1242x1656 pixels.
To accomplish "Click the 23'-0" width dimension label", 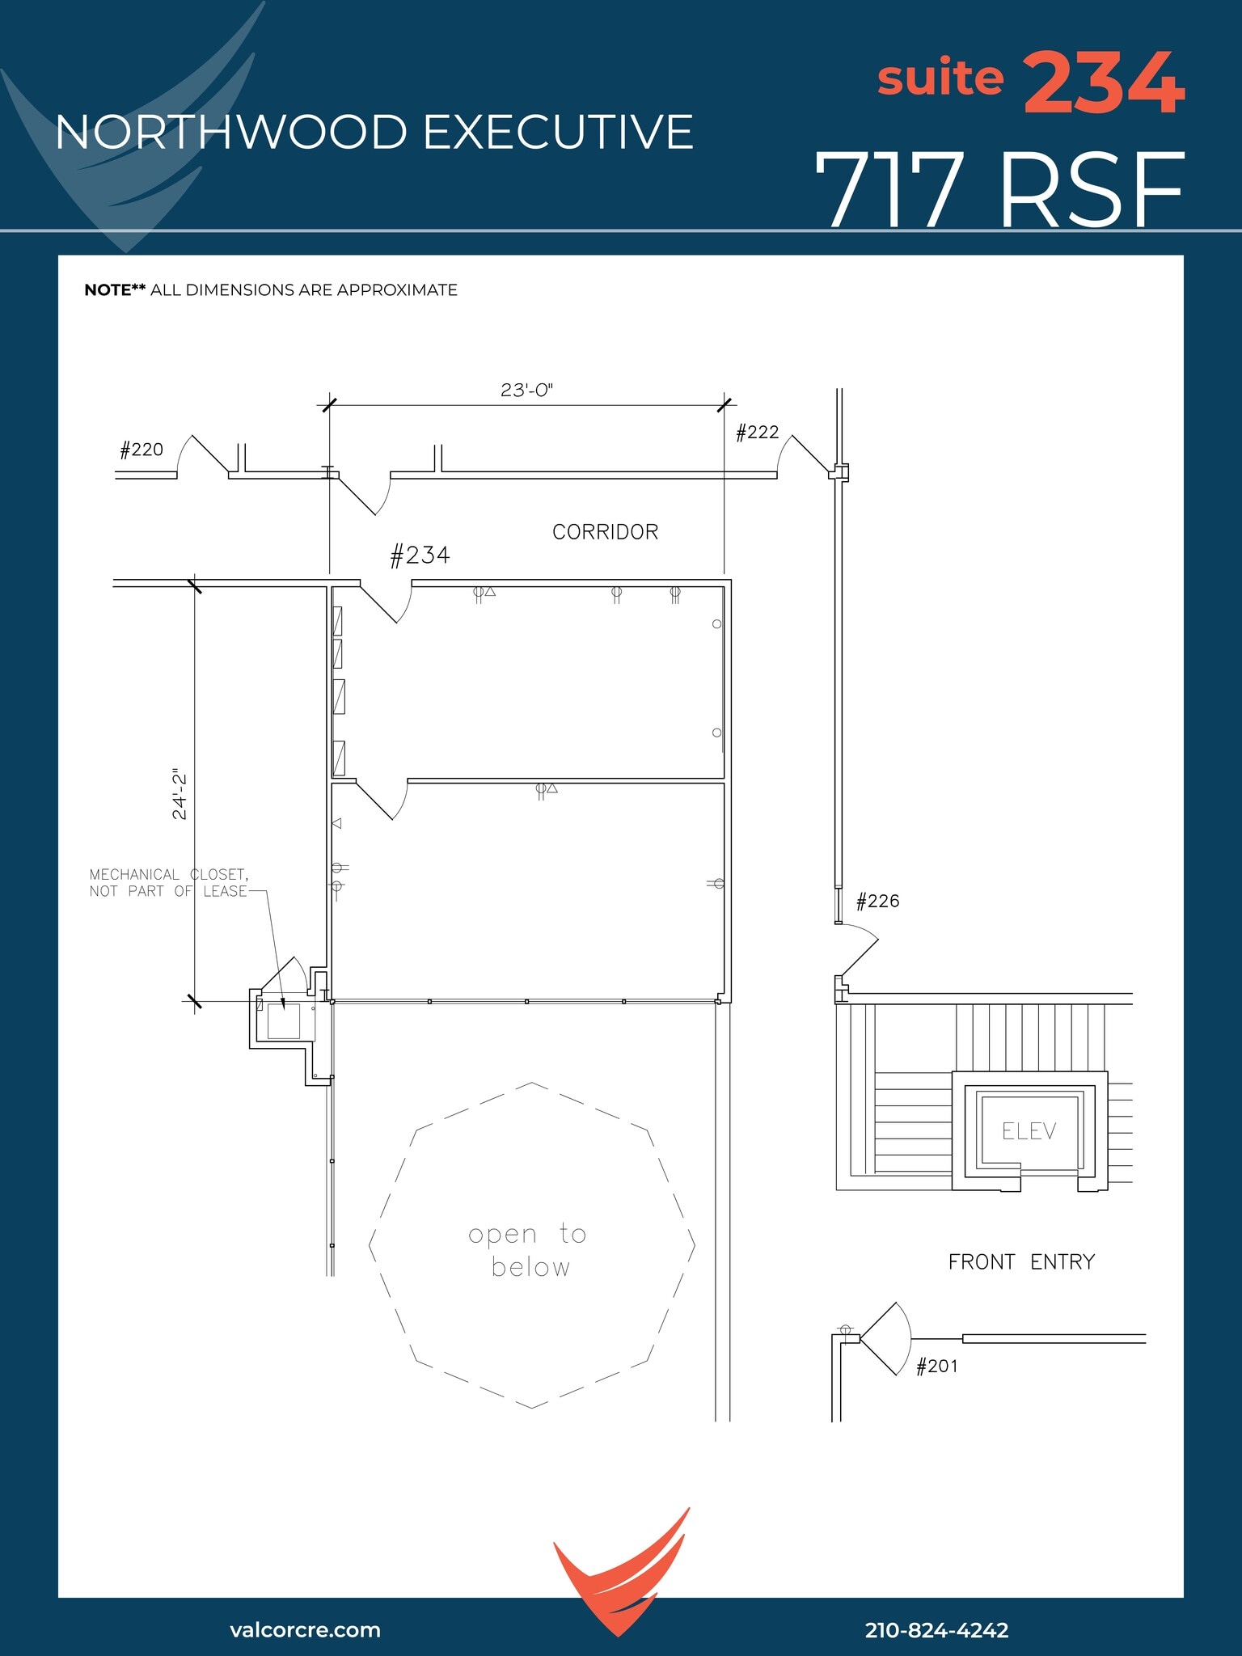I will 526,390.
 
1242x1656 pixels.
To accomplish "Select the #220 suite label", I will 142,450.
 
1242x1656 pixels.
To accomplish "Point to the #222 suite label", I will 757,433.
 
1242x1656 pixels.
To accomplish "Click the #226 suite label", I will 877,901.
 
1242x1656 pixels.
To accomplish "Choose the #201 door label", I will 936,1367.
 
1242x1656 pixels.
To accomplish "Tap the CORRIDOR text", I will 605,532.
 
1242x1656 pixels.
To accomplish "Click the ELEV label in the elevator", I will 1029,1131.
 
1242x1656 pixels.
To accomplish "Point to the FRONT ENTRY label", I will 1021,1262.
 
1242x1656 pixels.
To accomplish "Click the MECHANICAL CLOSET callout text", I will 168,883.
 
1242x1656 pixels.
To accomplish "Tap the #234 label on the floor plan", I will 420,556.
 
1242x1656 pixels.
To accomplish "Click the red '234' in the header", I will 1105,82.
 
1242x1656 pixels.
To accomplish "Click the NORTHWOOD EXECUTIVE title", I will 374,133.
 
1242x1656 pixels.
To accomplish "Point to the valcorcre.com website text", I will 305,1629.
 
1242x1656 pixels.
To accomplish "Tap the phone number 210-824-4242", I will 936,1630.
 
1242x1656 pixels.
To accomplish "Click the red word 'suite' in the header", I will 940,78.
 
